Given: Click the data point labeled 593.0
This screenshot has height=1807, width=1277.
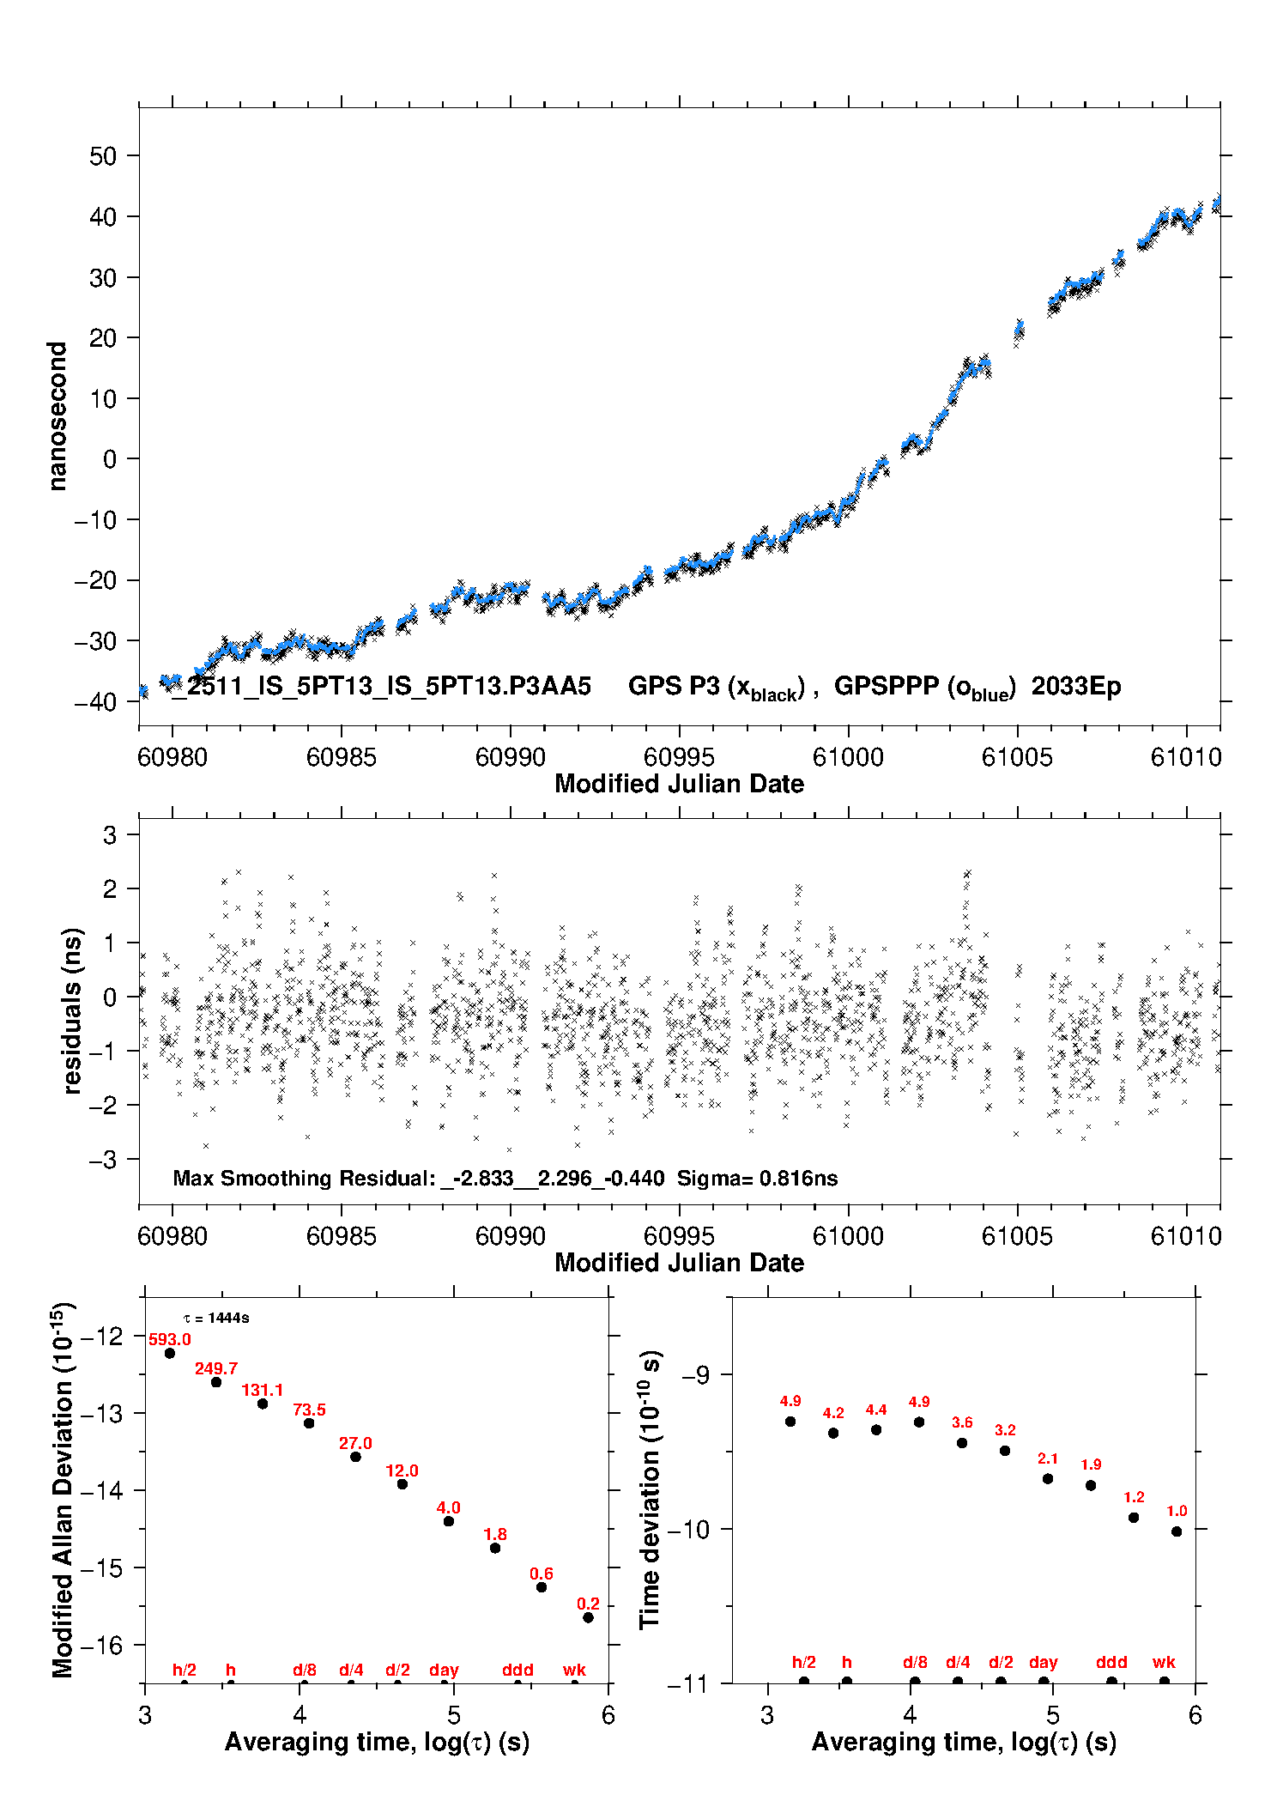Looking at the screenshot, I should (170, 1353).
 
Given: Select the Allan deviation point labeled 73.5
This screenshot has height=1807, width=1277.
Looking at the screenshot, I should (309, 1423).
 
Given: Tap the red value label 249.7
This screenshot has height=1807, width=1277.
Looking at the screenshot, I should (216, 1368).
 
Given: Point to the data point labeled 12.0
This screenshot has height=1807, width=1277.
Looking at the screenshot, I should (402, 1484).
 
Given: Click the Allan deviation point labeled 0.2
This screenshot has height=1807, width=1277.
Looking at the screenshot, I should (588, 1617).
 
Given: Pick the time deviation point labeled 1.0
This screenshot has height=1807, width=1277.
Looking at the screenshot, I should (1177, 1531).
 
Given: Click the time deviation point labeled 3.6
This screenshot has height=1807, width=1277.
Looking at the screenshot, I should (962, 1443).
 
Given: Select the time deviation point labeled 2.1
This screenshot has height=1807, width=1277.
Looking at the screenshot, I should (1048, 1479).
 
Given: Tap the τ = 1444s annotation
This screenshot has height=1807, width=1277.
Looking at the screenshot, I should (216, 1319).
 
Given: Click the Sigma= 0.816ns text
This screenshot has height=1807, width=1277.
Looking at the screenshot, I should (757, 1179).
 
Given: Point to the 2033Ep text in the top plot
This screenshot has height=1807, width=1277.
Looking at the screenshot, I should (1076, 687).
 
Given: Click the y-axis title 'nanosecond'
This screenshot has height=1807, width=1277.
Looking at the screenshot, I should (57, 416).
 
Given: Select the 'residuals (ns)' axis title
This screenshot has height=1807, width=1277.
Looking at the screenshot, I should (73, 1010).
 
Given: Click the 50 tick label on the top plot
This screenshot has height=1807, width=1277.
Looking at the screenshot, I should (103, 156).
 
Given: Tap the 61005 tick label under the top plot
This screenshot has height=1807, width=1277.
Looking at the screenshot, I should (1017, 757).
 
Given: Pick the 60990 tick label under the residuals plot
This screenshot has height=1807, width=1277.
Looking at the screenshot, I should (511, 1236).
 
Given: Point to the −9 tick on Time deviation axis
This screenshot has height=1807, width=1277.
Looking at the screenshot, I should (695, 1375).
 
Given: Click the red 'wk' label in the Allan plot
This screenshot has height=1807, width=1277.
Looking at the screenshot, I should (574, 1670).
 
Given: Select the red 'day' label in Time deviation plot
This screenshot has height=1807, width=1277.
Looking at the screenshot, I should (1044, 1663).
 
